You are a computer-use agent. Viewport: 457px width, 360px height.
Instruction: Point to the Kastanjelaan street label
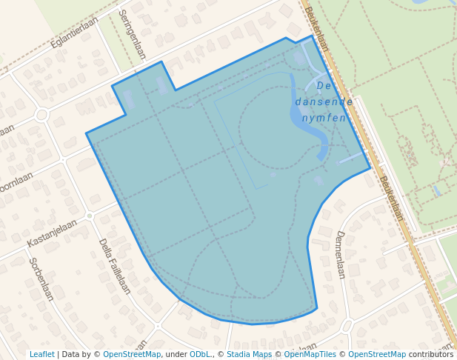point(52,233)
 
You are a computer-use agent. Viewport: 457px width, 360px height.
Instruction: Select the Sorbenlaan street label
point(41,279)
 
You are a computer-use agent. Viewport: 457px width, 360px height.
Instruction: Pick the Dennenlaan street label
point(340,254)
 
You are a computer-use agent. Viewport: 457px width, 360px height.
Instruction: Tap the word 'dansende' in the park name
point(324,101)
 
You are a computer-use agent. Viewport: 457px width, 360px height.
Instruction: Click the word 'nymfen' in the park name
point(324,117)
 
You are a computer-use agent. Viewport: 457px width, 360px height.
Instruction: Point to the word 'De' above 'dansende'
point(323,85)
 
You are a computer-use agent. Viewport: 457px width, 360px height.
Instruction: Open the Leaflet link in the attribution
point(42,354)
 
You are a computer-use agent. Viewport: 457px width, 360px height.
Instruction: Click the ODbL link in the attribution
point(199,354)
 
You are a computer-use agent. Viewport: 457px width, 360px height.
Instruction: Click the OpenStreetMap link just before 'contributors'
point(377,354)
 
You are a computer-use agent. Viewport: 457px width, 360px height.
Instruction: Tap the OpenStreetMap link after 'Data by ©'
point(131,354)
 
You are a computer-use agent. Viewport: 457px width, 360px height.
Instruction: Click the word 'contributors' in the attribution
point(431,354)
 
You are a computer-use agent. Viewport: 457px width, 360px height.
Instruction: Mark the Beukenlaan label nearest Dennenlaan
point(391,198)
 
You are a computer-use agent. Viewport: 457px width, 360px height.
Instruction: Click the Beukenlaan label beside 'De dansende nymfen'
point(318,30)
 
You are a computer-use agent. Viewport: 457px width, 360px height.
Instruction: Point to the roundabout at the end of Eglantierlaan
point(41,115)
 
